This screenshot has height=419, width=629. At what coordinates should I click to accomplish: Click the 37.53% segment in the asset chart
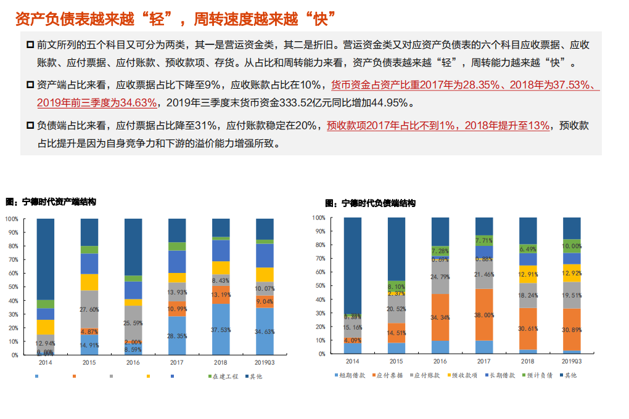coord(220,330)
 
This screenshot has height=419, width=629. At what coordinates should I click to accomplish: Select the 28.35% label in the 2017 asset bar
coord(177,336)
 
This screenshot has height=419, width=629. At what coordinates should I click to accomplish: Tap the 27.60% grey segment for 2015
coord(89,309)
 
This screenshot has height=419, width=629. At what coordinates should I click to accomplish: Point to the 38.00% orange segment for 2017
coord(484,315)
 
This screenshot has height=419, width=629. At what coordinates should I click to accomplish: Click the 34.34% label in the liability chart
coord(440,317)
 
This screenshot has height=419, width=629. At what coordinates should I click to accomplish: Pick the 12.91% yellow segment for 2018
coord(528,274)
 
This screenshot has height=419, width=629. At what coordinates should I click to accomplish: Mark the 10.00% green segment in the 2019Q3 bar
coord(572,246)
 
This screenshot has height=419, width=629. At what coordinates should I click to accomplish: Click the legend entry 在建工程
coord(225,376)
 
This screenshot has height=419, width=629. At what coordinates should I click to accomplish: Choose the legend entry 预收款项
coord(462,375)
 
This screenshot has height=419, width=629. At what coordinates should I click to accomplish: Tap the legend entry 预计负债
coord(538,375)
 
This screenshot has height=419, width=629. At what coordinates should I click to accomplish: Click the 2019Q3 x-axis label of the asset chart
coord(265,363)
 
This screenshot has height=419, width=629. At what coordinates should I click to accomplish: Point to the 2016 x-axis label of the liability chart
coord(440,362)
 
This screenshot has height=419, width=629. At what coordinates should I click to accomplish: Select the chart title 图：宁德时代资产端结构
coord(51,201)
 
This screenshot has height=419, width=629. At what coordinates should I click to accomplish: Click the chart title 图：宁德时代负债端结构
coord(370,203)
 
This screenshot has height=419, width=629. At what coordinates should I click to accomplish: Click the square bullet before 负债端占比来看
coord(30,126)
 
